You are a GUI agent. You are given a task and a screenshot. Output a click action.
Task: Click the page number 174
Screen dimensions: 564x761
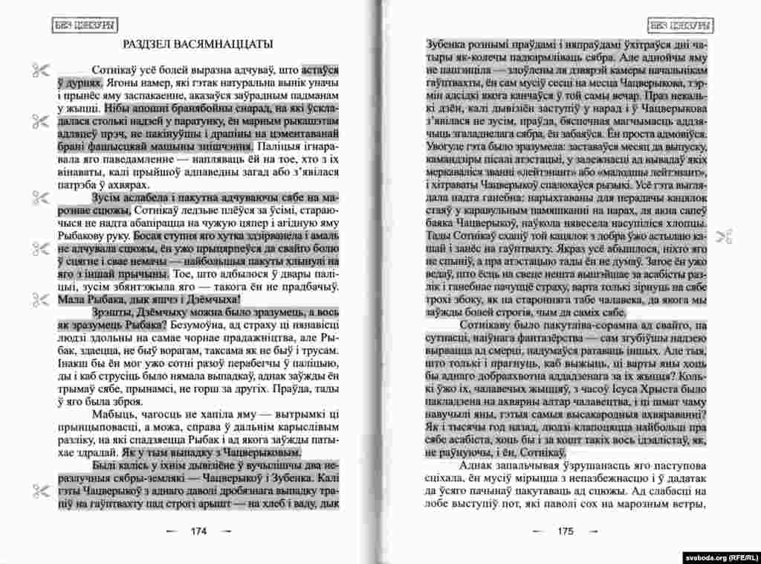click(198, 531)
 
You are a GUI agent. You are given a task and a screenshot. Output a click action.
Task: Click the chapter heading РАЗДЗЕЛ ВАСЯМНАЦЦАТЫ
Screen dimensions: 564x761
click(197, 45)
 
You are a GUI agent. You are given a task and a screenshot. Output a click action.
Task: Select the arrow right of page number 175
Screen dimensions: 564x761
click(592, 531)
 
